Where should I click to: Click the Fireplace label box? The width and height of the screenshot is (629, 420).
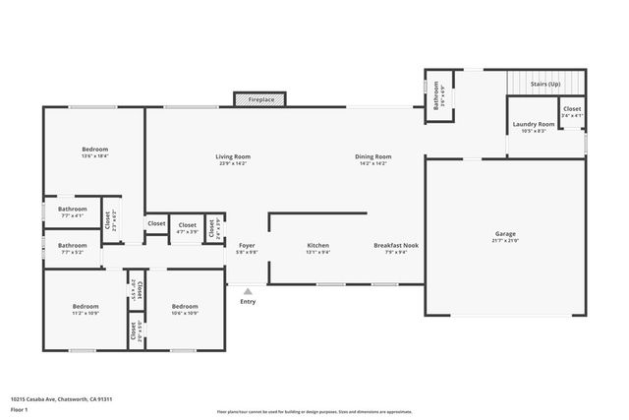click(x=260, y=99)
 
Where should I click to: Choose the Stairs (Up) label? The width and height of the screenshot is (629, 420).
click(x=545, y=85)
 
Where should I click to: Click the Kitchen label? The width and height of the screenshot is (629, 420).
click(x=317, y=248)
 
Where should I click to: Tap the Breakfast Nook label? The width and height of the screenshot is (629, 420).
click(x=396, y=248)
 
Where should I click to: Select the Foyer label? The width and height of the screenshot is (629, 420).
click(x=248, y=248)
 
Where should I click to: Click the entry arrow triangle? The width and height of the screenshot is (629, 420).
click(x=248, y=291)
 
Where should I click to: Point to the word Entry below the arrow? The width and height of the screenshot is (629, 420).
click(x=248, y=301)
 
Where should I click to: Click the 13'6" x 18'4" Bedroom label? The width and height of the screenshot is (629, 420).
click(x=94, y=151)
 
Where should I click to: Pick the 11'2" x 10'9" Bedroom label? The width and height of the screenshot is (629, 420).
click(x=86, y=310)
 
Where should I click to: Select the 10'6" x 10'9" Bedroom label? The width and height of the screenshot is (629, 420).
click(x=185, y=310)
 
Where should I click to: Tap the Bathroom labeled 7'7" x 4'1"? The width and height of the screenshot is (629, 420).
click(x=72, y=211)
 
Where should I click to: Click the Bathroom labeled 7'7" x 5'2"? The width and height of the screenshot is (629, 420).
click(x=72, y=248)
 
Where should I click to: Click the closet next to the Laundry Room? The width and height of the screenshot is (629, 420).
click(x=572, y=112)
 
